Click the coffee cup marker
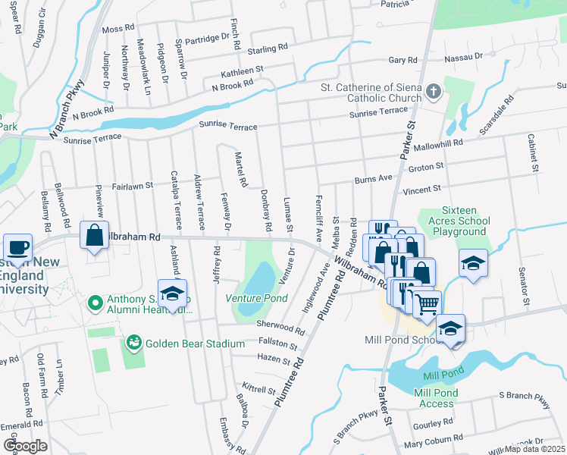(17, 247)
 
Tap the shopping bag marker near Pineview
(94, 236)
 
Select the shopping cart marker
(427, 303)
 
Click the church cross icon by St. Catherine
(433, 92)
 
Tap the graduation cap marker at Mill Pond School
(450, 328)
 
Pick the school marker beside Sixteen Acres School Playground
(473, 263)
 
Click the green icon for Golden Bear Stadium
(134, 344)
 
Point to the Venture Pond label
(257, 298)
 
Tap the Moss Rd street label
(117, 29)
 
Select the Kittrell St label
(258, 390)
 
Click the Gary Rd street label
(403, 60)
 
